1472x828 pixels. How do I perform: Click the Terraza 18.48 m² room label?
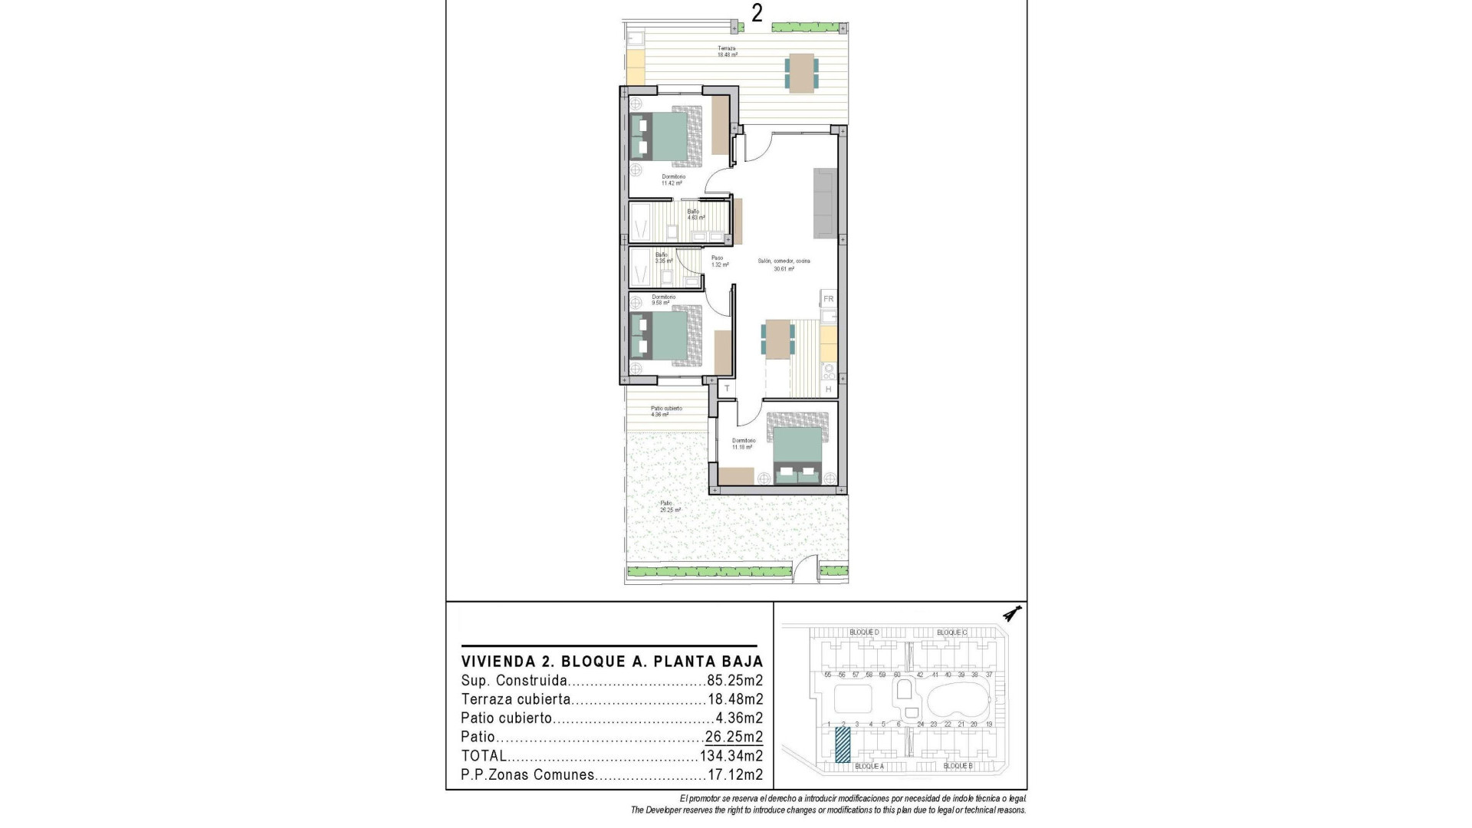tap(727, 51)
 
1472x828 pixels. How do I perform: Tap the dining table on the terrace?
tap(802, 74)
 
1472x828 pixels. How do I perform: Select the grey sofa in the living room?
tap(826, 202)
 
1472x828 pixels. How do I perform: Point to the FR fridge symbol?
tap(828, 299)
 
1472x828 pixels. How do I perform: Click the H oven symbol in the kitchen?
tap(828, 390)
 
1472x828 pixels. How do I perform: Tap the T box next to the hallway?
tap(727, 389)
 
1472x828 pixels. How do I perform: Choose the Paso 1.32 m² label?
tap(718, 261)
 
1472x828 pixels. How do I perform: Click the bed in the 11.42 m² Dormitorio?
tap(666, 136)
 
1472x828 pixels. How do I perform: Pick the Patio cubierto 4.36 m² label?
tap(665, 412)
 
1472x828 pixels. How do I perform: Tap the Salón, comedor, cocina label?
tap(784, 264)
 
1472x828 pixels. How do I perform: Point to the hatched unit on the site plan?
tap(843, 744)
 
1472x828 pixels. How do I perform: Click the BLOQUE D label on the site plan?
tap(864, 632)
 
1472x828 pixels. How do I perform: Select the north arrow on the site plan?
tap(1013, 614)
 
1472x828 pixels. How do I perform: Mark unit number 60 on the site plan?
tap(897, 675)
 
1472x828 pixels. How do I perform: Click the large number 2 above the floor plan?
tap(757, 14)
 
